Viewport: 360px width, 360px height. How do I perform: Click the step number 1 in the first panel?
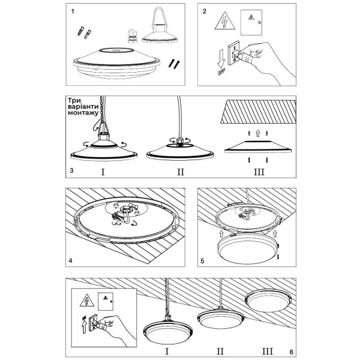click(73, 11)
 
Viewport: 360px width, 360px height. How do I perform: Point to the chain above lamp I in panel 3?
click(100, 111)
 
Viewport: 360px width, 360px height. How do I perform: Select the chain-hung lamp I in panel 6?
click(167, 331)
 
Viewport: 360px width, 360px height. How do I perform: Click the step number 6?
click(290, 352)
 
